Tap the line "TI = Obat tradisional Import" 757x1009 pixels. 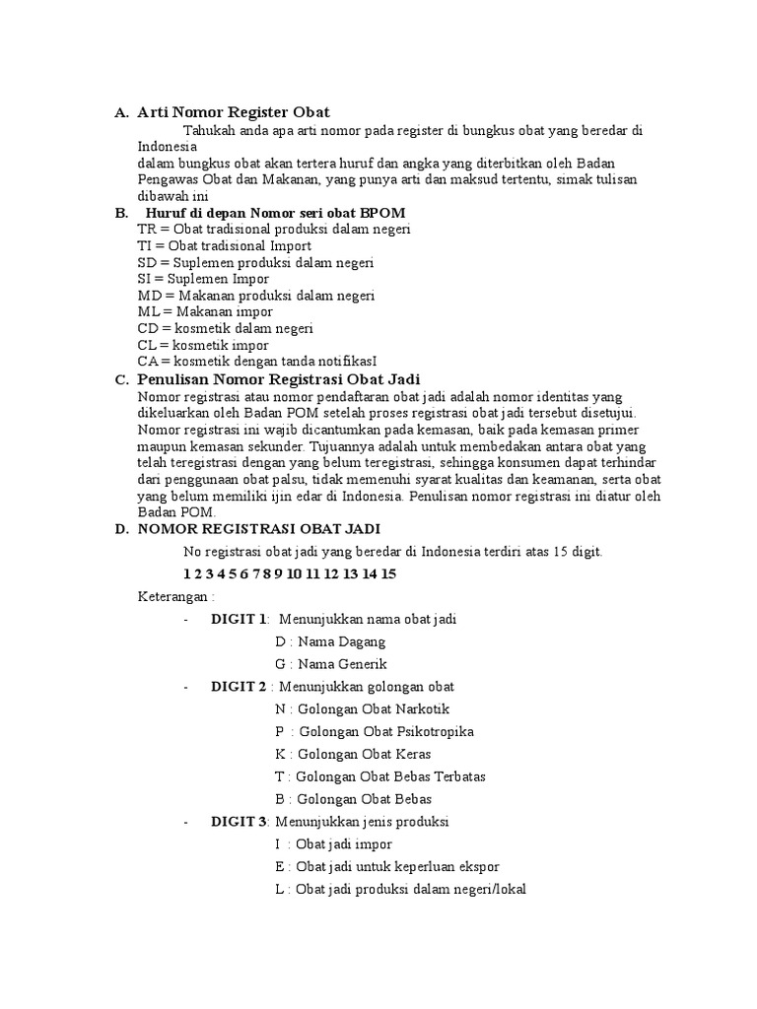(x=225, y=245)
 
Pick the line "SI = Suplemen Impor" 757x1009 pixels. (x=203, y=279)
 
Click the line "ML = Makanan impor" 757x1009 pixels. (x=205, y=311)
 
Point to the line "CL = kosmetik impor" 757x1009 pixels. (x=203, y=345)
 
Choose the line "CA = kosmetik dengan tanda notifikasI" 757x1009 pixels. (x=257, y=362)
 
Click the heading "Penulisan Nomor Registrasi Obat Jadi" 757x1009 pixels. (x=279, y=379)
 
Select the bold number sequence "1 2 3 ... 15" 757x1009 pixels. (x=290, y=573)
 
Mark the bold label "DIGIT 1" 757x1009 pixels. (x=239, y=619)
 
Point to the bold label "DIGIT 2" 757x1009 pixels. (x=239, y=686)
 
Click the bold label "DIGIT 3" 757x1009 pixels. (x=239, y=821)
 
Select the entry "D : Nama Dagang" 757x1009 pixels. (x=330, y=641)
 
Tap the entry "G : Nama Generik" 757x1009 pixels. (x=331, y=664)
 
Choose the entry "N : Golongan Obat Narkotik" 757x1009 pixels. (x=363, y=708)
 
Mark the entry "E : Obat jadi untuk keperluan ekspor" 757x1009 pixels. (x=387, y=866)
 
